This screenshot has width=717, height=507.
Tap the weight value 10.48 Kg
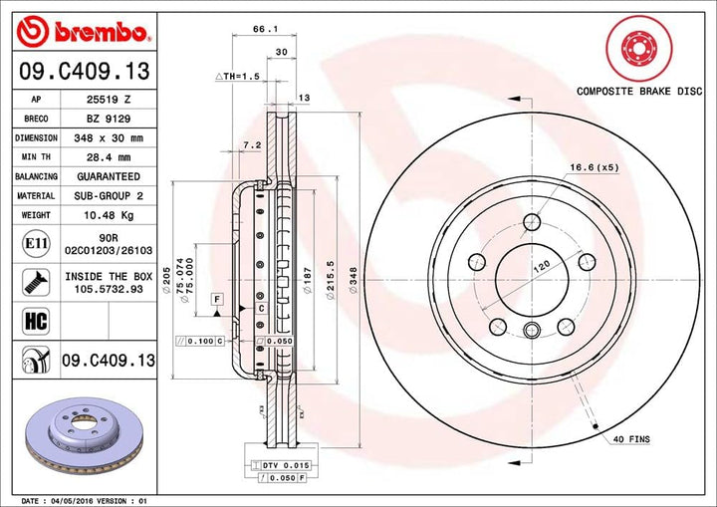110,215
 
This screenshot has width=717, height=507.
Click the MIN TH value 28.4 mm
110,156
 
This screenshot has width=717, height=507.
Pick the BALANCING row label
36,176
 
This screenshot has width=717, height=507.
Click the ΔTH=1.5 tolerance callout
237,76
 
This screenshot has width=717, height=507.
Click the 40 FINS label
631,439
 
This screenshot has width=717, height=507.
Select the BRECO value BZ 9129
110,118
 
